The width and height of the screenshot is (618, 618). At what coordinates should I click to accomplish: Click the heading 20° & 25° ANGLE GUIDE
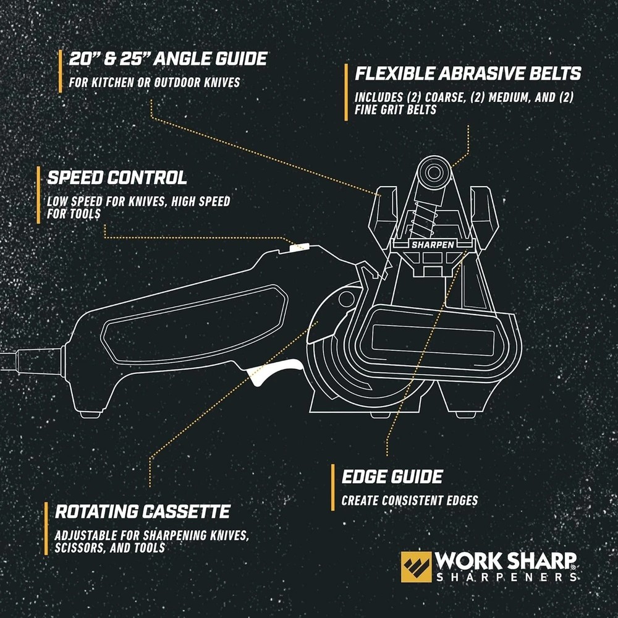(169, 59)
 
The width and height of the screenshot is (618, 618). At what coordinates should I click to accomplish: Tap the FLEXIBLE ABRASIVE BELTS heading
(468, 74)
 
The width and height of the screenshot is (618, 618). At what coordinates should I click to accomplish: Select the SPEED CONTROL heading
(117, 178)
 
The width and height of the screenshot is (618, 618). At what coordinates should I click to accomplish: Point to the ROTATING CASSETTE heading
(143, 512)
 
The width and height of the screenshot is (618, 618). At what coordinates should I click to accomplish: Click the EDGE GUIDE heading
(392, 476)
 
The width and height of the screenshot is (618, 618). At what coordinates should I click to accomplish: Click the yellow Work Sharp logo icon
(416, 567)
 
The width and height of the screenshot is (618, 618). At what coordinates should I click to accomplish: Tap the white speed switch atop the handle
(298, 247)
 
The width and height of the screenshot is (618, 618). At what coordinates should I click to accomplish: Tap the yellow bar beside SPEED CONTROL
(38, 192)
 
